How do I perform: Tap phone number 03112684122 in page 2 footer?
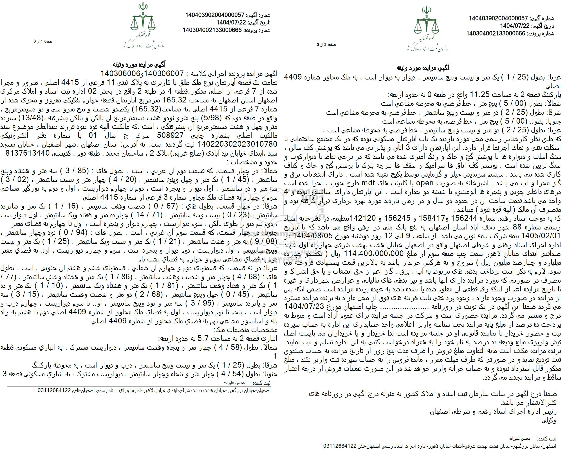click(x=340, y=446)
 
